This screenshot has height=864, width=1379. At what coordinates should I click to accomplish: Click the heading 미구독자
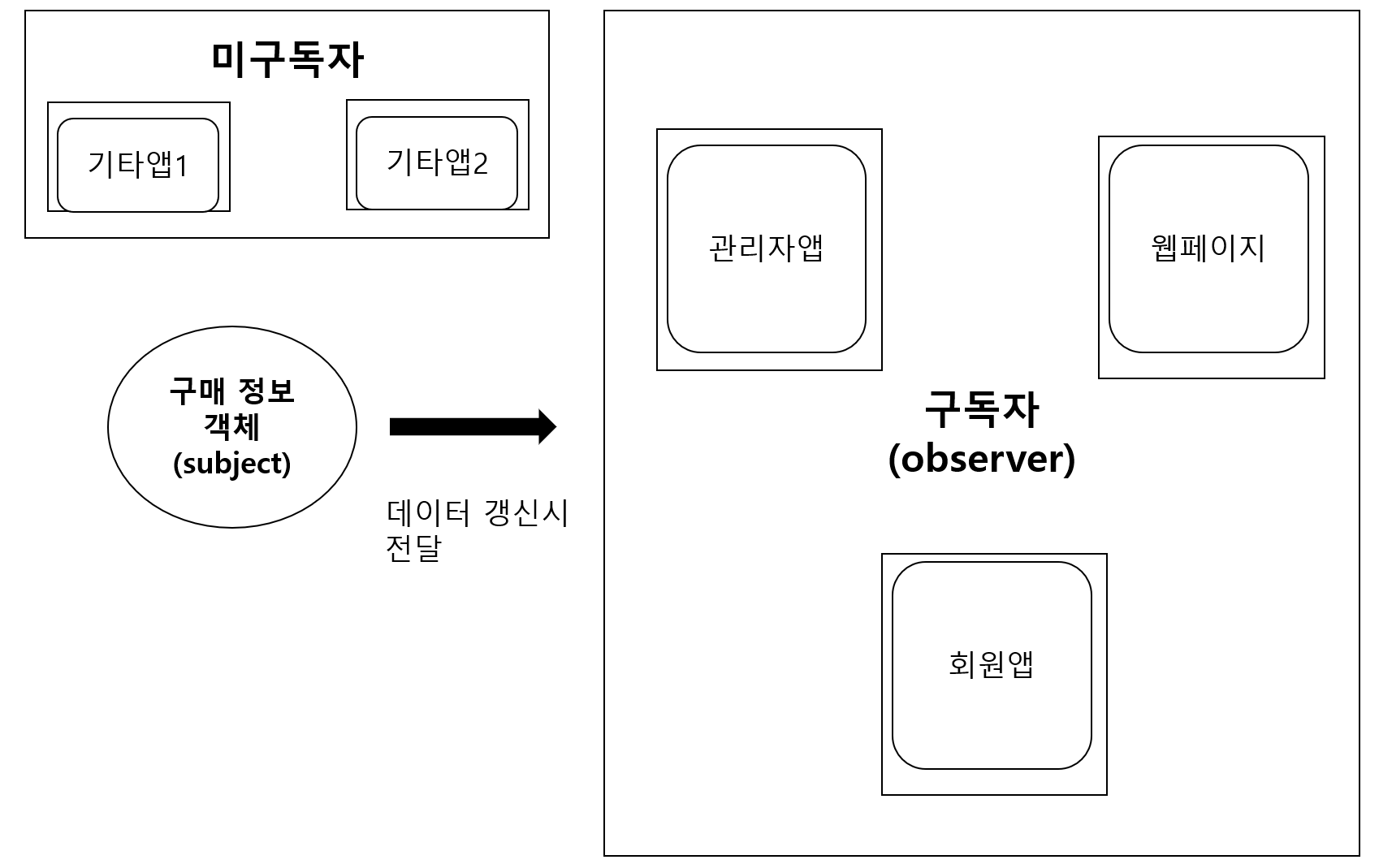[x=287, y=59]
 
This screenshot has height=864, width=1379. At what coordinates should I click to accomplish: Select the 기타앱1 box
[x=138, y=165]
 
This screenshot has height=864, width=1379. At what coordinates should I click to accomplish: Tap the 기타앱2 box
[x=437, y=162]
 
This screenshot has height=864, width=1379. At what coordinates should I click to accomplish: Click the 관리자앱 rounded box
[x=766, y=248]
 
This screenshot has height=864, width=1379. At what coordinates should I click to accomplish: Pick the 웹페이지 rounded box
[x=1208, y=248]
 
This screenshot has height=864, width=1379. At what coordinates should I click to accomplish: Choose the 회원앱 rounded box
[x=991, y=664]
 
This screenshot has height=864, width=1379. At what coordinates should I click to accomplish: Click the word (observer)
[x=982, y=459]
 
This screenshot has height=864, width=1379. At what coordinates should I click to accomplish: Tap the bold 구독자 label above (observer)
[x=982, y=410]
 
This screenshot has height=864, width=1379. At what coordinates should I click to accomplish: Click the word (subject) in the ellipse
[x=232, y=464]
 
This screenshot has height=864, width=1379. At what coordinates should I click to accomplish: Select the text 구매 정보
[x=232, y=391]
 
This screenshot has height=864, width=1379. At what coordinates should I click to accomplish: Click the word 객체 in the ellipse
[x=232, y=427]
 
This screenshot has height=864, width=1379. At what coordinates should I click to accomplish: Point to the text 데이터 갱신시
[x=478, y=513]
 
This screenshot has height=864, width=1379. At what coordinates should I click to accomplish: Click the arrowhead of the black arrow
[x=547, y=426]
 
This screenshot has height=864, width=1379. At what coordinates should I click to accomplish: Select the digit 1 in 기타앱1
[x=181, y=166]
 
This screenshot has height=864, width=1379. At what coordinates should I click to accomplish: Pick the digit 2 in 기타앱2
[x=480, y=164]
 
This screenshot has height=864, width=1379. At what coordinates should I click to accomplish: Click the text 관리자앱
[x=766, y=248]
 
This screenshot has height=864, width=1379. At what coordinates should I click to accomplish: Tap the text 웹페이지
[x=1208, y=248]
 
